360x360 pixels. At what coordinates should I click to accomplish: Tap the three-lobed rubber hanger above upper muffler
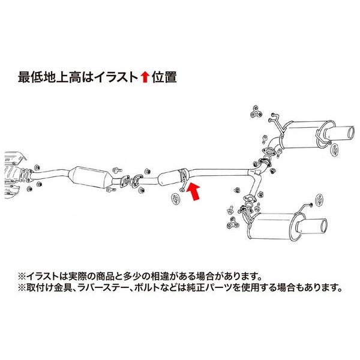tap(253, 112)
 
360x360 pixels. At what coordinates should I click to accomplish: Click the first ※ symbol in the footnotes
tap(22, 277)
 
